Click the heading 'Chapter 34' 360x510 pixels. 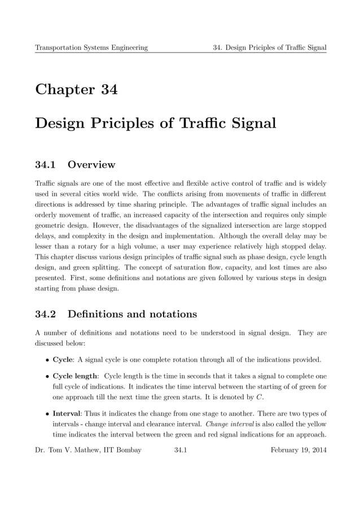pos(76,90)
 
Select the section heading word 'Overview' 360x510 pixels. pos(91,165)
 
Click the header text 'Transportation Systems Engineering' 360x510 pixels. pos(91,47)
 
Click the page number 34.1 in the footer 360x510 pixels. pos(181,450)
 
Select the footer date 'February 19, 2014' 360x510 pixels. pos(298,450)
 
